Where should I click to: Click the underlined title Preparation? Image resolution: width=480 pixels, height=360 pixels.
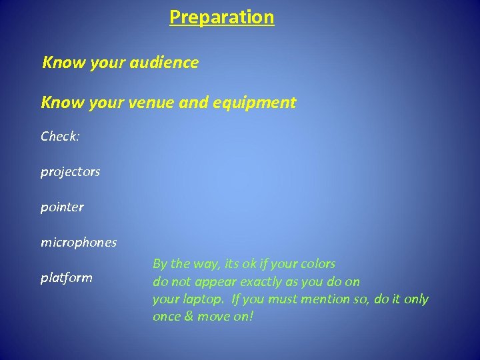(221, 17)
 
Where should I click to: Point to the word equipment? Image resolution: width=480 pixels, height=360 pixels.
(258, 103)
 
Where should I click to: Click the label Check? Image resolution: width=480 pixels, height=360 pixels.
(60, 136)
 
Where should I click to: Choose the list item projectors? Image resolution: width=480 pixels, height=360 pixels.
(70, 172)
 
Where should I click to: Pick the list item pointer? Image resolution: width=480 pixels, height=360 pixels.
(62, 207)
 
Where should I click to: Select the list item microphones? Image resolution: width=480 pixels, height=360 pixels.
(78, 242)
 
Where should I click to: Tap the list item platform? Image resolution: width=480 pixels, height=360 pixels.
(66, 277)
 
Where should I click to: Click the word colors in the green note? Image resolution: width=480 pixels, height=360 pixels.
(318, 264)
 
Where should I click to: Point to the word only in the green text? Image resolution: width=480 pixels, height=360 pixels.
(416, 299)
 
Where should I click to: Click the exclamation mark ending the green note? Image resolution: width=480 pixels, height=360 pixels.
(251, 317)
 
